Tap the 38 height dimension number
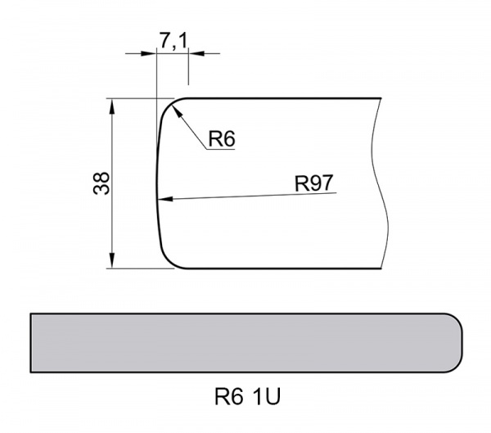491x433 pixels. click(101, 183)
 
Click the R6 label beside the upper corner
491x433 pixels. click(221, 140)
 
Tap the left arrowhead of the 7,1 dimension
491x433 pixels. click(150, 53)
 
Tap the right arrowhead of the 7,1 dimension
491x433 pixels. click(194, 53)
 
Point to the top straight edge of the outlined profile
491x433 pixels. click(278, 99)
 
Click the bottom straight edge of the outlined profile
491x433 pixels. click(278, 269)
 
